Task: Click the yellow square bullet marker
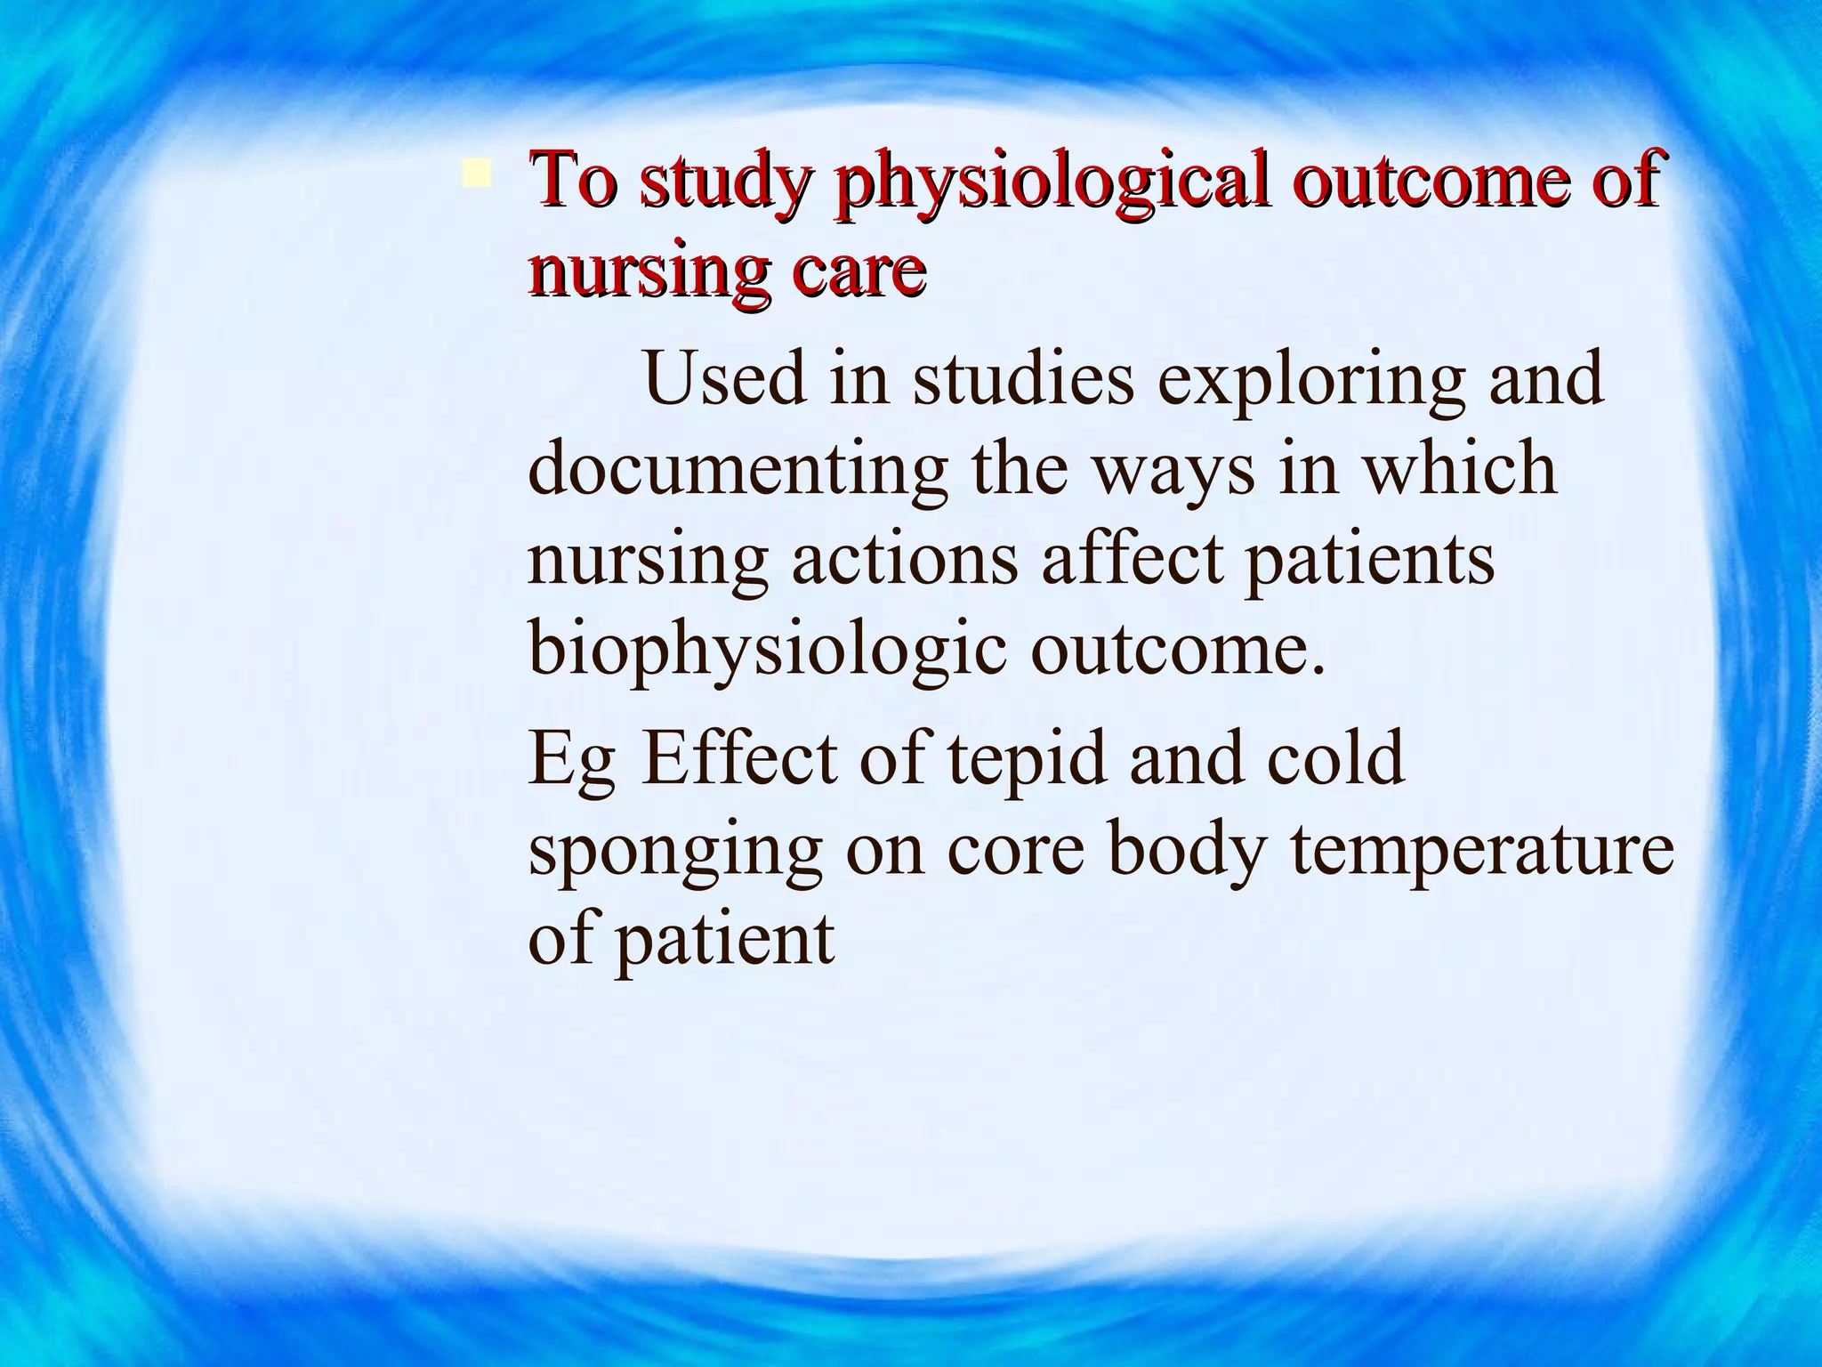click(477, 173)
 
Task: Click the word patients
click(1369, 562)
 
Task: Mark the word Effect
click(738, 758)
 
